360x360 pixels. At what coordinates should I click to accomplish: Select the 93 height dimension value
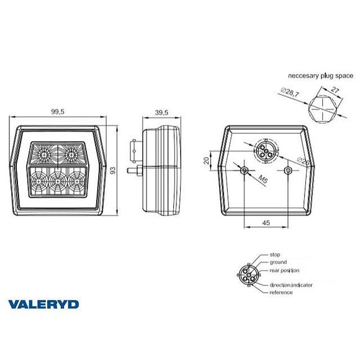[113, 170]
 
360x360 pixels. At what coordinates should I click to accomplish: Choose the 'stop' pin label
[276, 254]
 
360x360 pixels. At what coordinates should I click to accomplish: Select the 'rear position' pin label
[285, 271]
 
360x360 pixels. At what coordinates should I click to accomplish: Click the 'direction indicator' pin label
[290, 285]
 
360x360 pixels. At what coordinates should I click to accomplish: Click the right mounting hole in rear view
[287, 170]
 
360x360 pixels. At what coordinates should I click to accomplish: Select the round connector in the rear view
[264, 150]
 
